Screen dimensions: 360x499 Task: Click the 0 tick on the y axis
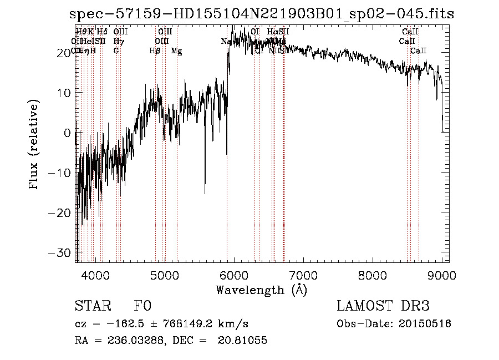point(68,133)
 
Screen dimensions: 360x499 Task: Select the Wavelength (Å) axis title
point(261,290)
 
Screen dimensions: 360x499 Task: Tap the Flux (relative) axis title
point(35,145)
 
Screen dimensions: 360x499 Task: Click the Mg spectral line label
point(176,51)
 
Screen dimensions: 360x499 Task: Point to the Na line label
point(226,42)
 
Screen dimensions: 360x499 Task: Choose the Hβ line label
point(155,51)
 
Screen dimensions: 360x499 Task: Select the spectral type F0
point(142,306)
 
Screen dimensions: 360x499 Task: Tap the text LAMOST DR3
point(383,306)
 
